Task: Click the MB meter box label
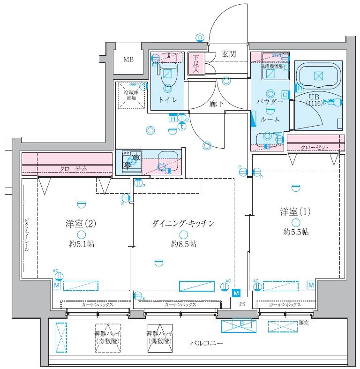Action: tap(128, 60)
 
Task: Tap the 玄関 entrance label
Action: tap(229, 54)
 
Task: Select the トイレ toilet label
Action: tap(167, 99)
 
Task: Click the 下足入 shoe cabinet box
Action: tap(195, 63)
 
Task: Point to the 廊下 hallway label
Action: tap(217, 104)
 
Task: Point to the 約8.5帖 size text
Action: tap(183, 244)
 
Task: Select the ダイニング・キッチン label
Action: tap(183, 224)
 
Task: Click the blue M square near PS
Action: tap(237, 293)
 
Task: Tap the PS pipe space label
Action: tap(242, 304)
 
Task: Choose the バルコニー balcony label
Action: tap(206, 343)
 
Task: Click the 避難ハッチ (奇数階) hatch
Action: tap(107, 337)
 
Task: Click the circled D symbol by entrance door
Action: tap(200, 38)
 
